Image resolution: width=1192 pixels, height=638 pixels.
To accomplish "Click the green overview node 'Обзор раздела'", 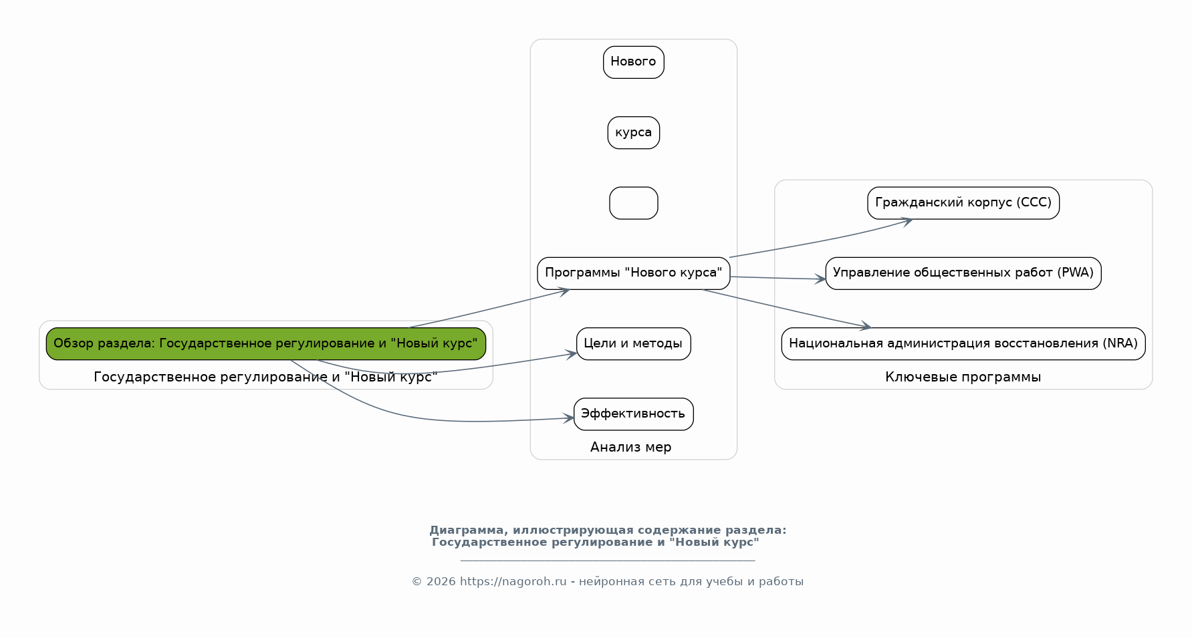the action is tap(266, 343).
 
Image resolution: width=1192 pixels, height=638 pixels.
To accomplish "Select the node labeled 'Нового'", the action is tap(634, 62).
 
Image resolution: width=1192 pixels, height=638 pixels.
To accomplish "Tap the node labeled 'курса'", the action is tap(634, 132).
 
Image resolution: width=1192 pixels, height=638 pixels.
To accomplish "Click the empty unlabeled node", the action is tap(634, 203).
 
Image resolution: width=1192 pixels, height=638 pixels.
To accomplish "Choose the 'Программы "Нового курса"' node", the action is tap(634, 273).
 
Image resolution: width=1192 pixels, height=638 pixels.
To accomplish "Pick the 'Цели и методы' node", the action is tap(634, 343).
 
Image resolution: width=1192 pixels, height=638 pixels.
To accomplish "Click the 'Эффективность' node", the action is tap(634, 414).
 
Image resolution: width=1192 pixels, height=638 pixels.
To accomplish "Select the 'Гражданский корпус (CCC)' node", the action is tap(963, 203).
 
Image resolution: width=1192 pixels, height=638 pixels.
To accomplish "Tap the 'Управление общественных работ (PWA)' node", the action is tap(963, 273).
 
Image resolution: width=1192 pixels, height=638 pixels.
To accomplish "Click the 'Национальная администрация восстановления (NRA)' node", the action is tap(963, 343).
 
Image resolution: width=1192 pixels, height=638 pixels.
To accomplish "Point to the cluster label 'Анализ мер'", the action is tap(631, 447).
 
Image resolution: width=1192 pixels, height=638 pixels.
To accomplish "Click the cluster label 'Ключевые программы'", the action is tap(963, 377).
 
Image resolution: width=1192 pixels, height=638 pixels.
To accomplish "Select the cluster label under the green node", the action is tap(266, 377).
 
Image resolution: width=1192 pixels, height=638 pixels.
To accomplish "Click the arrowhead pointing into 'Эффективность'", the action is tap(568, 419).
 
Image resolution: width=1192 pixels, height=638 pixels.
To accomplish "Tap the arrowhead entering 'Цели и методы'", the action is tap(571, 354).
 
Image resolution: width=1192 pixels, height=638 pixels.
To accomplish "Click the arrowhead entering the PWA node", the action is tap(820, 279).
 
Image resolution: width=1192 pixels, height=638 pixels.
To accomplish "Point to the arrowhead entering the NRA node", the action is tap(865, 326).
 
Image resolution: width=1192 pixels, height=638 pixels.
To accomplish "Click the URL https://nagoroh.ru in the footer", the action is tap(513, 581).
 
